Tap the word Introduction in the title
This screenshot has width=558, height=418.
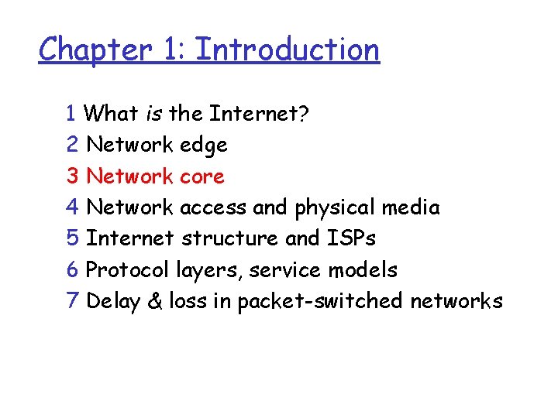(x=288, y=50)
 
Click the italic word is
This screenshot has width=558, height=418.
(x=153, y=114)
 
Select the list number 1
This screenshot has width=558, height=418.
(x=72, y=114)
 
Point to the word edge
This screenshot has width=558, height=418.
(x=203, y=146)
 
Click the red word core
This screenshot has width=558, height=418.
(x=201, y=176)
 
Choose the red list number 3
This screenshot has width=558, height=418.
(x=73, y=176)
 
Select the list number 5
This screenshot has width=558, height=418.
(x=73, y=238)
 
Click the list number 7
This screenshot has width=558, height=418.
(x=73, y=301)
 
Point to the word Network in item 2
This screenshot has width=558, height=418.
(x=129, y=145)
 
